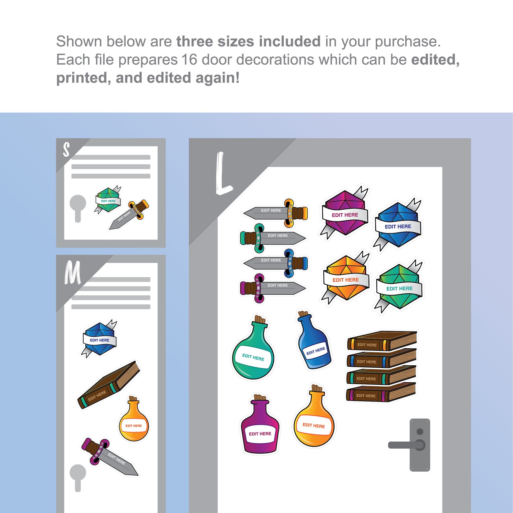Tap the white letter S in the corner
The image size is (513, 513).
(66, 150)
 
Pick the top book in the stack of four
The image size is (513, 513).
(382, 341)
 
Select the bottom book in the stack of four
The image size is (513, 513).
(381, 392)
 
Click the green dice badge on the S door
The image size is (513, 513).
(108, 200)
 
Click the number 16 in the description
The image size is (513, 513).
(189, 60)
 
